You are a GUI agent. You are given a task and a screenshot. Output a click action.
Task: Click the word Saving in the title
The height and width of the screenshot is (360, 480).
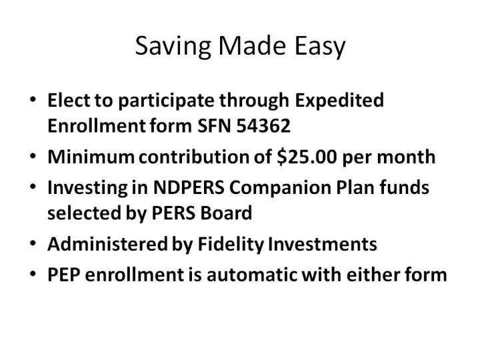tap(173, 46)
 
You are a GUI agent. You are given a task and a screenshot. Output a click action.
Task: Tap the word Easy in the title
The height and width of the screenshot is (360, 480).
tap(319, 46)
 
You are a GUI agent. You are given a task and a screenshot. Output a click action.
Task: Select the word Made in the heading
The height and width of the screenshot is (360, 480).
tap(252, 45)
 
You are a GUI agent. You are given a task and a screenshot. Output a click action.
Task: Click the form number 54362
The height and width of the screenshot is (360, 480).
tap(263, 126)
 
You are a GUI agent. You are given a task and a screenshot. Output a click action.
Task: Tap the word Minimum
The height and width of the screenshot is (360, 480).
tap(91, 157)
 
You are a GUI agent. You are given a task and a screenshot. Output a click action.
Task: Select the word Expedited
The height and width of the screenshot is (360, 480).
tap(339, 101)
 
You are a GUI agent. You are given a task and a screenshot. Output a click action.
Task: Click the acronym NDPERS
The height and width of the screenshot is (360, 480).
tap(189, 187)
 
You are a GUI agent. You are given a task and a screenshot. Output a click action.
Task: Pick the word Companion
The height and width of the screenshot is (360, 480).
tap(280, 187)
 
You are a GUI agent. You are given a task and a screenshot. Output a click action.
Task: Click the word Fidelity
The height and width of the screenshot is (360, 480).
tap(231, 244)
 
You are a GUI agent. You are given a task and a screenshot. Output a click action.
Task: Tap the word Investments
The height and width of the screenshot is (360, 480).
tap(323, 244)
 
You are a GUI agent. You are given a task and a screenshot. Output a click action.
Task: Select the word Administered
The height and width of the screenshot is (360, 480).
tap(107, 244)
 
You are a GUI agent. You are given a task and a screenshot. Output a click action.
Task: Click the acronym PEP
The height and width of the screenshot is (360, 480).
tap(64, 275)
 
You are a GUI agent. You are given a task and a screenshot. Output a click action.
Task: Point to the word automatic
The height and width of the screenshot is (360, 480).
tap(251, 275)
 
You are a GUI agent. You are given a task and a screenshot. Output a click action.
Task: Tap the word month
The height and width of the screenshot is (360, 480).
tap(406, 157)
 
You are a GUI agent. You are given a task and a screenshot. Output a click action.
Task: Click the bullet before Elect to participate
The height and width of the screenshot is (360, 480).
tap(33, 99)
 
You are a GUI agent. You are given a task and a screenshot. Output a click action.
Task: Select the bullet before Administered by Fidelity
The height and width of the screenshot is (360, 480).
tap(33, 243)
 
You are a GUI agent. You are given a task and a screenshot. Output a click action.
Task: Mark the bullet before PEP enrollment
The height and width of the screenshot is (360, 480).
tap(33, 274)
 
